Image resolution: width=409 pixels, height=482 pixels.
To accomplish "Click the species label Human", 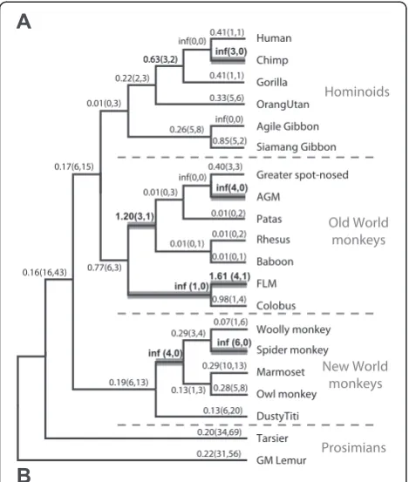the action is pyautogui.click(x=274, y=38).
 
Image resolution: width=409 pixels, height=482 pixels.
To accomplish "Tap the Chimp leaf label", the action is pyautogui.click(x=272, y=60).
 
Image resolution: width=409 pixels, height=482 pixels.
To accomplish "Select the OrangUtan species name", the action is pyautogui.click(x=283, y=105).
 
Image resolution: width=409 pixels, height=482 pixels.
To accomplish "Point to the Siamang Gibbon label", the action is pyautogui.click(x=297, y=147).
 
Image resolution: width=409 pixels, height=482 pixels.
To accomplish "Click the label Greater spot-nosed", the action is pyautogui.click(x=303, y=175).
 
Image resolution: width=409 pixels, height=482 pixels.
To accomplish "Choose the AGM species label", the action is pyautogui.click(x=268, y=197).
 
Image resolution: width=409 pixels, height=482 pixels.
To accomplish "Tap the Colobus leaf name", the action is pyautogui.click(x=276, y=306).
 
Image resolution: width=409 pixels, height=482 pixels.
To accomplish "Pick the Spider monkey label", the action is pyautogui.click(x=292, y=350).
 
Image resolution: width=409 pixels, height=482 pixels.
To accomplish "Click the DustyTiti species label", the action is pyautogui.click(x=277, y=417).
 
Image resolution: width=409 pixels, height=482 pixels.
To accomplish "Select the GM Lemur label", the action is pyautogui.click(x=281, y=460).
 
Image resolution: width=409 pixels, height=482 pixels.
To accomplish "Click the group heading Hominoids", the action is pyautogui.click(x=357, y=92).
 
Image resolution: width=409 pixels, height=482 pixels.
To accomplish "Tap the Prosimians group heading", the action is pyautogui.click(x=354, y=448).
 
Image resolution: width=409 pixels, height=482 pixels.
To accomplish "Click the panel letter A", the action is pyautogui.click(x=24, y=22).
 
